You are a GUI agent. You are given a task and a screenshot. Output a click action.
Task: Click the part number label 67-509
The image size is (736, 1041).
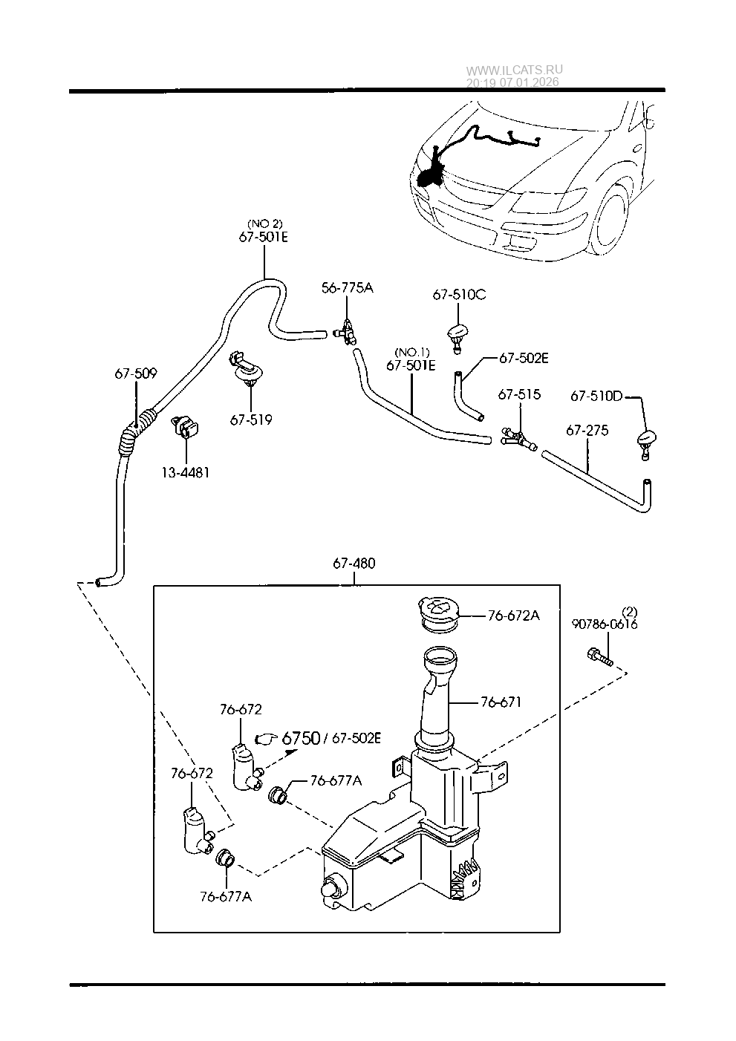[x=136, y=373]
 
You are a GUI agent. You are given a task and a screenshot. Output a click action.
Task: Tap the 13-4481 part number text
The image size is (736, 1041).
[x=186, y=473]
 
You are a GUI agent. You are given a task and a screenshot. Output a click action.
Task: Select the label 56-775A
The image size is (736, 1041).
[x=348, y=288]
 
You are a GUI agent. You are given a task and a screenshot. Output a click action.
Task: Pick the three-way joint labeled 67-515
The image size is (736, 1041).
[x=519, y=439]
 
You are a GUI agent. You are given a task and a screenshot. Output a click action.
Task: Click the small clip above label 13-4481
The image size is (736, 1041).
[x=186, y=427]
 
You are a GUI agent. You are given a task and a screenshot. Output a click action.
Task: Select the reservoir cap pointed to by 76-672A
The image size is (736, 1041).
[x=438, y=614]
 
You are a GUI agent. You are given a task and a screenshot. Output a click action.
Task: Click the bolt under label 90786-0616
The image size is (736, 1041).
[x=600, y=656]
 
